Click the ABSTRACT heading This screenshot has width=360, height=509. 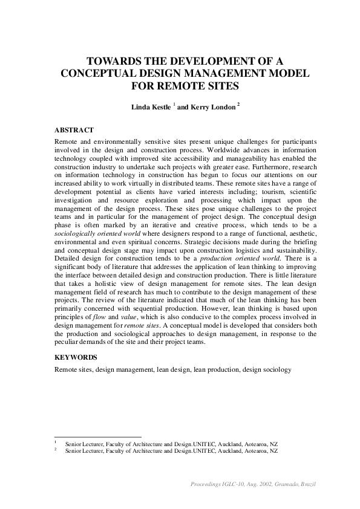(74, 130)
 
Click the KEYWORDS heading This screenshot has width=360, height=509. (76, 357)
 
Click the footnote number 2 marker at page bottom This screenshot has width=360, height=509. (56, 450)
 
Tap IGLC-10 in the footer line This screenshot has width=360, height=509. (233, 485)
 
